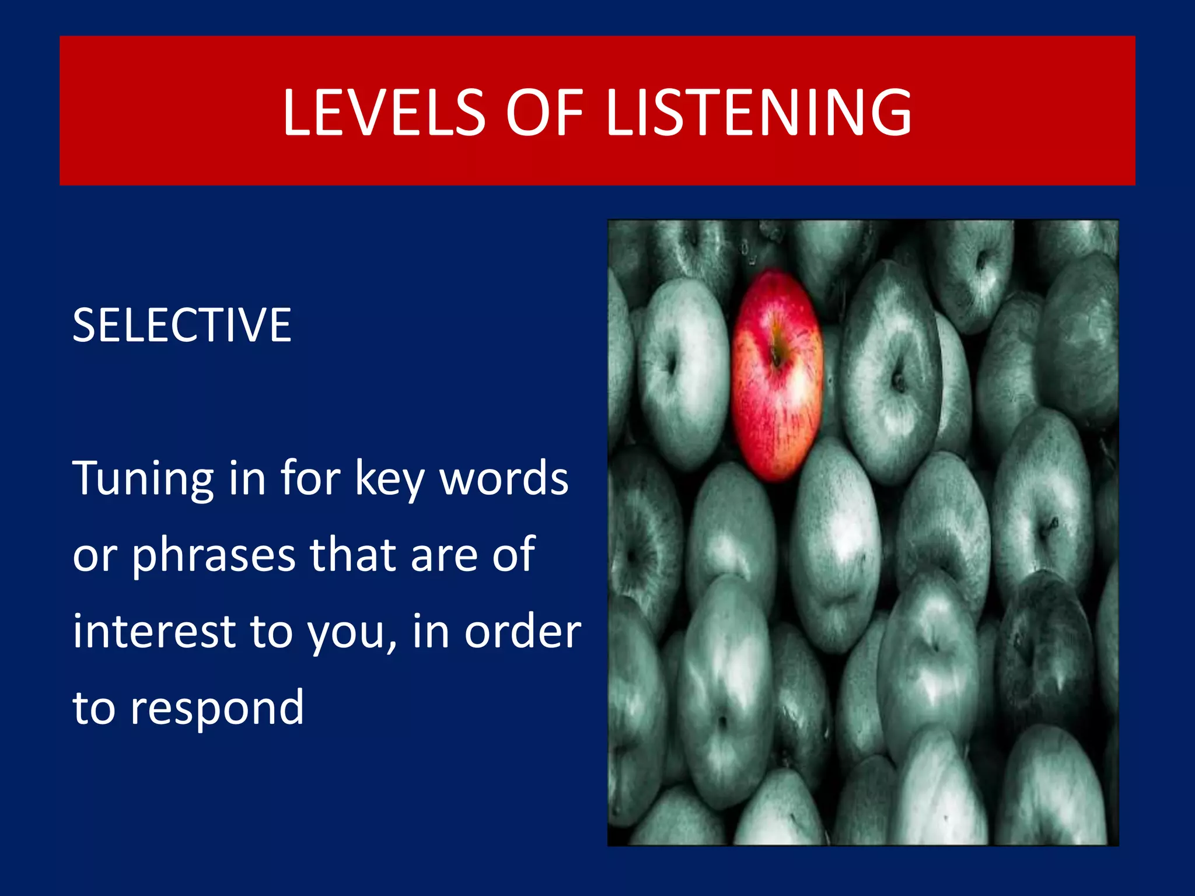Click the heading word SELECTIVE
(x=181, y=325)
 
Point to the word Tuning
(x=143, y=479)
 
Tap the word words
(x=504, y=479)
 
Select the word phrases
(x=214, y=555)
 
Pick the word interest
(x=154, y=631)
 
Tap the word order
(x=522, y=631)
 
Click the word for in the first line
(x=310, y=478)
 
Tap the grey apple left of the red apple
(x=683, y=373)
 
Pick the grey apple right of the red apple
(x=890, y=373)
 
